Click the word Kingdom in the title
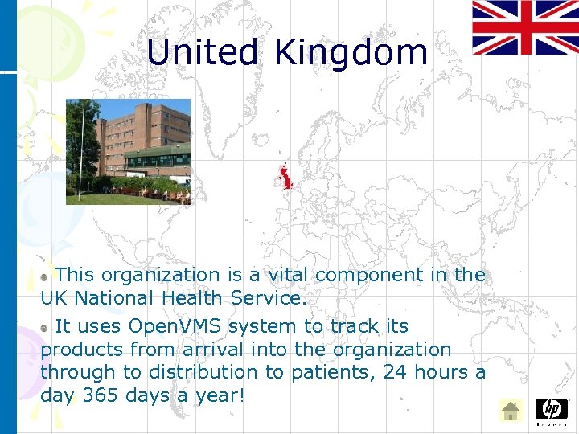(351, 53)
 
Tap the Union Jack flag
(524, 27)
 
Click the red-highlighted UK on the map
(285, 178)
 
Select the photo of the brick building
(128, 152)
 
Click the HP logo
(551, 410)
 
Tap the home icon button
(510, 411)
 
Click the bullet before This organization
(46, 276)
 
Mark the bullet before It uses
(46, 327)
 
